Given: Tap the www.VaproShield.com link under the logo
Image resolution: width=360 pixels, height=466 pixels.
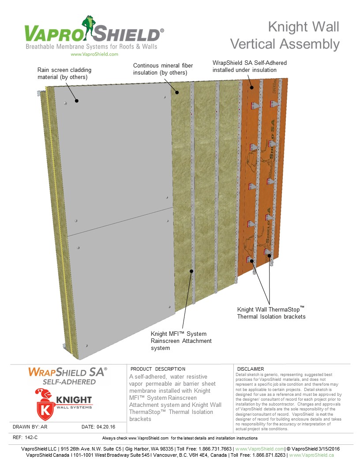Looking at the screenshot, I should [94, 54].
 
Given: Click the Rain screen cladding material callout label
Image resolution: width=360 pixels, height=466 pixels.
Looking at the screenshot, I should [62, 73].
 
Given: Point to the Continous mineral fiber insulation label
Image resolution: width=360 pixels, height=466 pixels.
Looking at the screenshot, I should [163, 69].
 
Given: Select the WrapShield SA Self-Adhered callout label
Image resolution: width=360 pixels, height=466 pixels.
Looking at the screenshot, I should [249, 66].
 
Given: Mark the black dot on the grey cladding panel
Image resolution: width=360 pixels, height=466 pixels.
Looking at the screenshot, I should [76, 101].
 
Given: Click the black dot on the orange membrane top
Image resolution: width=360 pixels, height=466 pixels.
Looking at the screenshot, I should [252, 87].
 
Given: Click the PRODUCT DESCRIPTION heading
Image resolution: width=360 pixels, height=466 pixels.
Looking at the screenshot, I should [158, 369].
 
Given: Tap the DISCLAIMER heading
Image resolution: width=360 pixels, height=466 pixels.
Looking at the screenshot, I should [250, 369].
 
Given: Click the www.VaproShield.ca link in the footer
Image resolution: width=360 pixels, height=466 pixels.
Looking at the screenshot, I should [311, 455].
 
